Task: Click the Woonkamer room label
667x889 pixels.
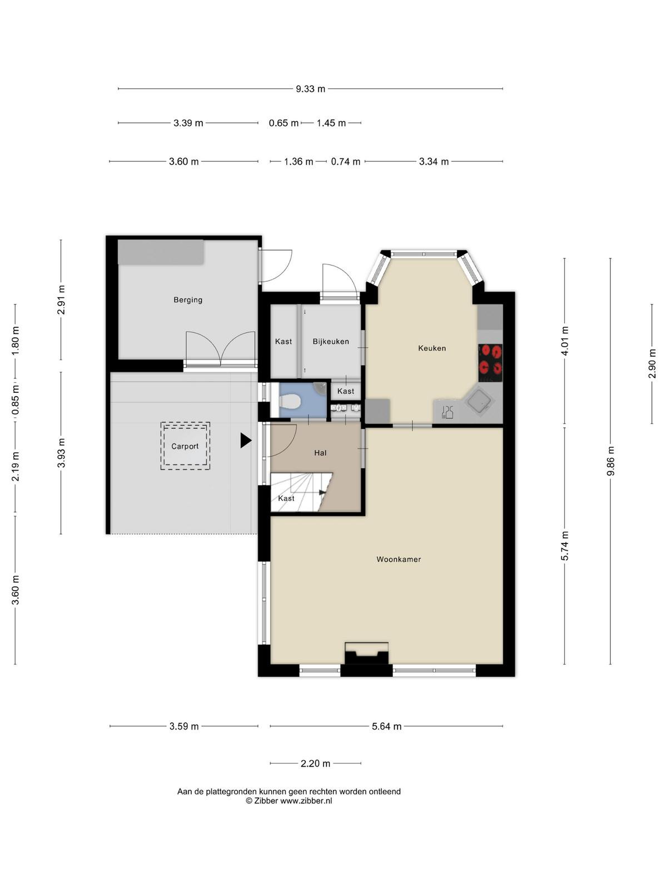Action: [x=399, y=560]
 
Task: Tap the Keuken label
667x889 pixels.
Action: [x=432, y=348]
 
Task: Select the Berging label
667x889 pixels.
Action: [x=188, y=300]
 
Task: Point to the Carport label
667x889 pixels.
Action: [x=185, y=446]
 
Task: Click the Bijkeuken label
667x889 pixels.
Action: [x=331, y=341]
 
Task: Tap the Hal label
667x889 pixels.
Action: [x=320, y=453]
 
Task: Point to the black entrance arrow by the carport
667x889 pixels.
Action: [x=246, y=440]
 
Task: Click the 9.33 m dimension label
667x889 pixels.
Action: [x=310, y=89]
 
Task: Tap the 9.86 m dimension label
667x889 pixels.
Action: [x=610, y=461]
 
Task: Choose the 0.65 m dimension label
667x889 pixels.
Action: [x=283, y=123]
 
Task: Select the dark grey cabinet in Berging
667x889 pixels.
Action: [x=161, y=252]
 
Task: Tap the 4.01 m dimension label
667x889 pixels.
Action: [x=565, y=341]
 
